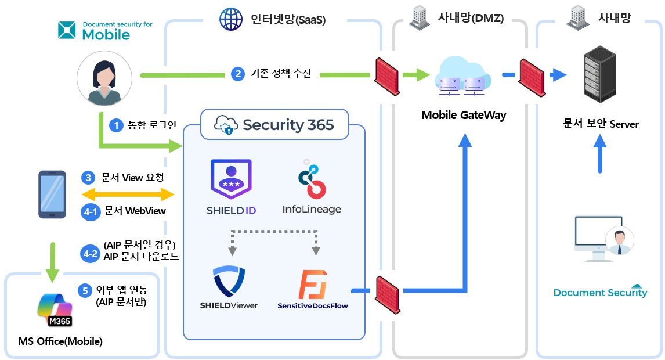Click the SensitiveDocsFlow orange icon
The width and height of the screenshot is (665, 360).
313,284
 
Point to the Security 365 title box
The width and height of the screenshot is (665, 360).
274,124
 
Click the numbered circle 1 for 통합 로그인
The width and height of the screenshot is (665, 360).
117,125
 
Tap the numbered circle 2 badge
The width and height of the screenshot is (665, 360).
237,74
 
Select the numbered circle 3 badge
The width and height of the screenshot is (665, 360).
89,178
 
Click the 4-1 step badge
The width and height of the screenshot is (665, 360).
91,211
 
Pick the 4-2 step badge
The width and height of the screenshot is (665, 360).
91,254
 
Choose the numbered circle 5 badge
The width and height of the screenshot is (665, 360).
86,290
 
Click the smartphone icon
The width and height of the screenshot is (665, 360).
52,195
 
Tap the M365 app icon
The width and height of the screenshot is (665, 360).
55,310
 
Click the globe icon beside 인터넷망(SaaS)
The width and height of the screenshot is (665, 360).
230,19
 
